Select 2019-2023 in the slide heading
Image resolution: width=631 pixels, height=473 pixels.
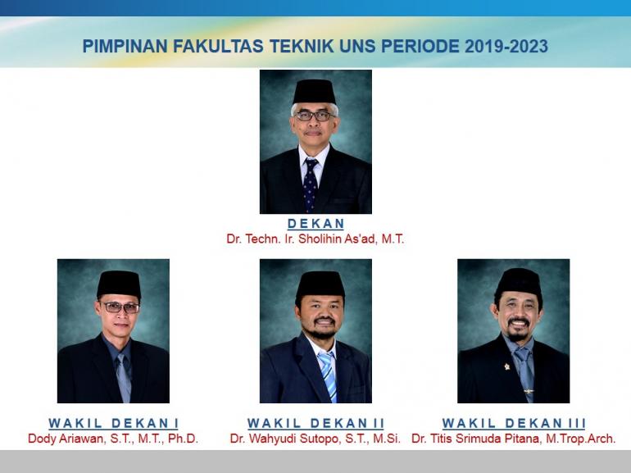point(506,46)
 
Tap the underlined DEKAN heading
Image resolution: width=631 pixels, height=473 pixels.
point(315,224)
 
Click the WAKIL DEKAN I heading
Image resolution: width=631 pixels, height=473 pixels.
point(113,423)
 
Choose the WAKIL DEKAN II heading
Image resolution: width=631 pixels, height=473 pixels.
point(315,423)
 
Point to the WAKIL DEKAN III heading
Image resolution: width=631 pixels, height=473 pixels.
point(514,423)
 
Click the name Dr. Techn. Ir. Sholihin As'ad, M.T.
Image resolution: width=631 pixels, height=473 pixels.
point(315,239)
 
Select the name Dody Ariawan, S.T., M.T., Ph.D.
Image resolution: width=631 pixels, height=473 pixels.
point(113,439)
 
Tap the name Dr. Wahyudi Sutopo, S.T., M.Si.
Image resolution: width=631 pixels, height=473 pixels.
point(315,439)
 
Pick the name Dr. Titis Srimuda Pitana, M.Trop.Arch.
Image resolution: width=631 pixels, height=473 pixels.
point(514,439)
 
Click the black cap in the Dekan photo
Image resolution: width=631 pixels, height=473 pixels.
point(315,91)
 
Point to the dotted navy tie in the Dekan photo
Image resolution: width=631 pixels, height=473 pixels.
point(310,184)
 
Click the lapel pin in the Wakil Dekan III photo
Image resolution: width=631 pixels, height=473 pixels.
point(507,366)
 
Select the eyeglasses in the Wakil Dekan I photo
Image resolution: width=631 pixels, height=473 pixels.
point(120,308)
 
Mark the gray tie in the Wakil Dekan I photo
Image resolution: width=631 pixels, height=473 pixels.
point(124,377)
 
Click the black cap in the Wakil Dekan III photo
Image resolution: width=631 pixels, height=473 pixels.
point(519,281)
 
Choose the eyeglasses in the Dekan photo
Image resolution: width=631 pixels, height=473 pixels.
point(315,116)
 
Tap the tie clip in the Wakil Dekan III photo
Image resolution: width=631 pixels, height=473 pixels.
point(529,391)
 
